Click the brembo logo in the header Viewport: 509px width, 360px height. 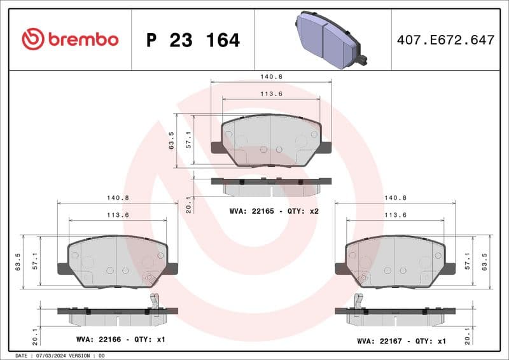[70, 39]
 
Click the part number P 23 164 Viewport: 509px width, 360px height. [193, 40]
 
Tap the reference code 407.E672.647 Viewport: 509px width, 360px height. [445, 40]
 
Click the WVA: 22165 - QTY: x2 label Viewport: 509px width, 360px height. [274, 211]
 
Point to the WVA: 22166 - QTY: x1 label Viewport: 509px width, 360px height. [120, 340]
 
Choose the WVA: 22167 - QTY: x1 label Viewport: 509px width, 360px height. [401, 341]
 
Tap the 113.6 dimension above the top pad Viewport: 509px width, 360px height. [271, 94]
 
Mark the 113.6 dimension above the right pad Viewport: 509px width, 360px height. [395, 215]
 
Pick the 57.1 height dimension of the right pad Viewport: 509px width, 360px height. [468, 261]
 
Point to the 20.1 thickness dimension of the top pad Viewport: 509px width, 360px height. [188, 204]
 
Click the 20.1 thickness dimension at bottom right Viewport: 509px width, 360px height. [469, 335]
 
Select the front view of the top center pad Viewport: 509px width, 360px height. [271, 140]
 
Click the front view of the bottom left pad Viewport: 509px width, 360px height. [118, 261]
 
